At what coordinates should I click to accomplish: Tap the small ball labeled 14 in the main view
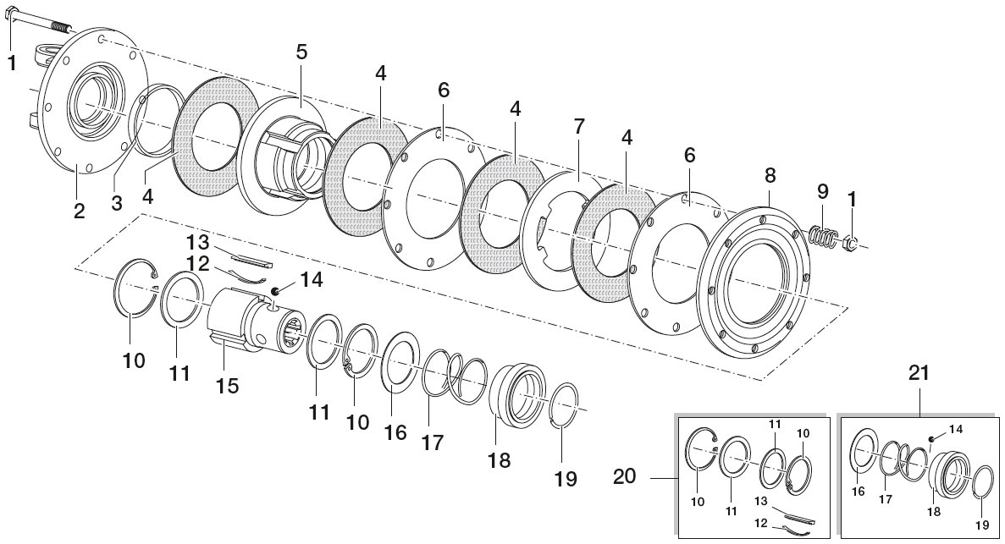[x=274, y=292]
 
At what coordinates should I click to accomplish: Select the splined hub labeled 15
[x=254, y=320]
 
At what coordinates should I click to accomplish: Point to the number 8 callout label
[x=770, y=174]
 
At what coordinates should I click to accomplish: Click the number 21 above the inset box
[x=919, y=374]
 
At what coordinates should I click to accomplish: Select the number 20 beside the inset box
[x=626, y=476]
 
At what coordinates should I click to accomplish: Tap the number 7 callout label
[x=579, y=127]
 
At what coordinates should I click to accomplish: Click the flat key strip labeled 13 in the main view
[x=252, y=257]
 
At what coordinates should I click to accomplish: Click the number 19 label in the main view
[x=566, y=479]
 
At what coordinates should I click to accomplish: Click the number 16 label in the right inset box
[x=859, y=492]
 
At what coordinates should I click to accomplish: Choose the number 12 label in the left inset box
[x=761, y=523]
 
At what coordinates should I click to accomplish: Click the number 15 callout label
[x=228, y=386]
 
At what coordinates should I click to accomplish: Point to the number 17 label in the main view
[x=433, y=442]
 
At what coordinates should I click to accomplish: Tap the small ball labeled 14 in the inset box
[x=930, y=439]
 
